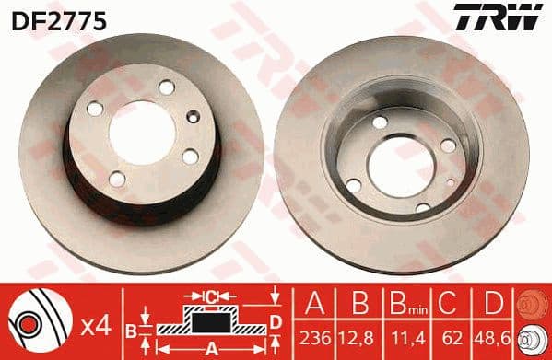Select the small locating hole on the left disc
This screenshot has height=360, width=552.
coord(192,117)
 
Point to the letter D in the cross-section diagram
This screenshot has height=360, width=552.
coord(274,320)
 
